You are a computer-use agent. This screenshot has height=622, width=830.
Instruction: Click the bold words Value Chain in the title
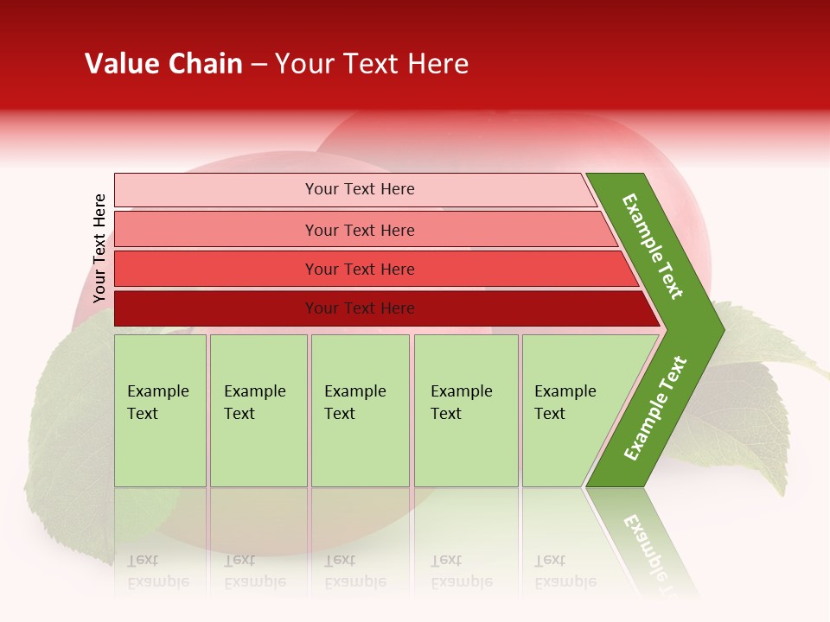coord(163,64)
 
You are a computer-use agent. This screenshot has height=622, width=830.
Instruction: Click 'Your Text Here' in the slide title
coord(372,64)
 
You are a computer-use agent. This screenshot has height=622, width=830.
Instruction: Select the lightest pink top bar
coord(216,190)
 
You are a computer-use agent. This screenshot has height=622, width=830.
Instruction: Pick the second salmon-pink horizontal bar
coord(216,230)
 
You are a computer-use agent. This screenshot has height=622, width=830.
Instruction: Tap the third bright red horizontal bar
coord(216,269)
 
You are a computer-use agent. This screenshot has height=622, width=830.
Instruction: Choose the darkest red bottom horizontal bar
coord(216,308)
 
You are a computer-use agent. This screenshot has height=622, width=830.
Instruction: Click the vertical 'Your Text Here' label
coord(100,249)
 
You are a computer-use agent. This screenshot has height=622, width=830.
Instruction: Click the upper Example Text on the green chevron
coord(653,246)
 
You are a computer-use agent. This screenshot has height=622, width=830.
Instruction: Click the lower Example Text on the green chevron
coord(655,408)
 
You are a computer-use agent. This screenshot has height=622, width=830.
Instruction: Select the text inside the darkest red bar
coord(360,308)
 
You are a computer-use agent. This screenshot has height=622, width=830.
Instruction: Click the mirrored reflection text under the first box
coord(158,572)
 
